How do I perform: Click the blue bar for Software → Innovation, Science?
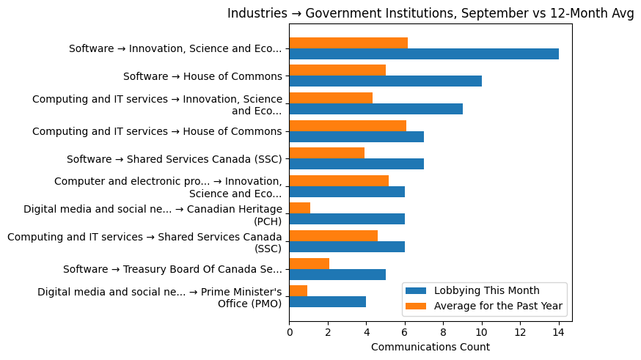click(424, 54)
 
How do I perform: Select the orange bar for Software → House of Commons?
click(337, 70)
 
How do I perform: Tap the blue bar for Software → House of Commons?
click(385, 81)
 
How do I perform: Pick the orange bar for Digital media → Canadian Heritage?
click(300, 208)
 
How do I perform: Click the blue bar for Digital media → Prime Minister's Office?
click(327, 302)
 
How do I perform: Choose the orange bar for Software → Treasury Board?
click(309, 263)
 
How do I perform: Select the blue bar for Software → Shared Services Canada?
click(356, 164)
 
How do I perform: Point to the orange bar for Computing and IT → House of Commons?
click(348, 125)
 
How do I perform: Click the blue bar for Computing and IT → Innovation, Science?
click(376, 109)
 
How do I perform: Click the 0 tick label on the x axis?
click(290, 333)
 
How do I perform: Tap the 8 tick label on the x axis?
click(443, 333)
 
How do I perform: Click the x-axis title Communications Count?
click(431, 347)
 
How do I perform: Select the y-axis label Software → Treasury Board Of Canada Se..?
click(172, 269)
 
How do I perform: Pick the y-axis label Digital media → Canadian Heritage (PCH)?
click(153, 215)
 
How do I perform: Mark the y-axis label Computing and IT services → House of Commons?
click(157, 132)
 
